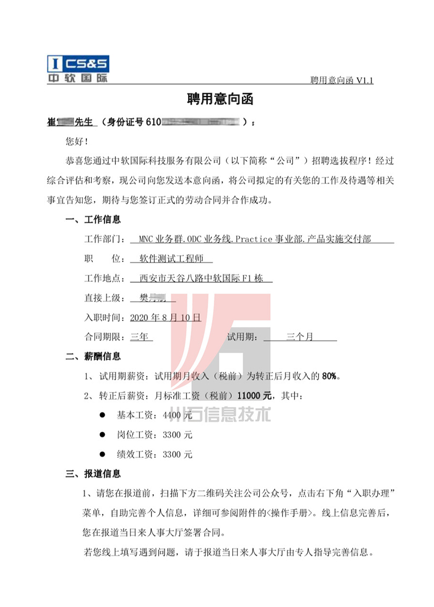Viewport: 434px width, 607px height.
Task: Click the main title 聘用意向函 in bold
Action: tap(217, 100)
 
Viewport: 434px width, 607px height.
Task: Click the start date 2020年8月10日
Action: tap(166, 317)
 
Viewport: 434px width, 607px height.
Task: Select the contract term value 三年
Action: tap(141, 337)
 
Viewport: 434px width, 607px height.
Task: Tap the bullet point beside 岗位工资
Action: tap(102, 435)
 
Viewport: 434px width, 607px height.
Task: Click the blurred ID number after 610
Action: tap(202, 121)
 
